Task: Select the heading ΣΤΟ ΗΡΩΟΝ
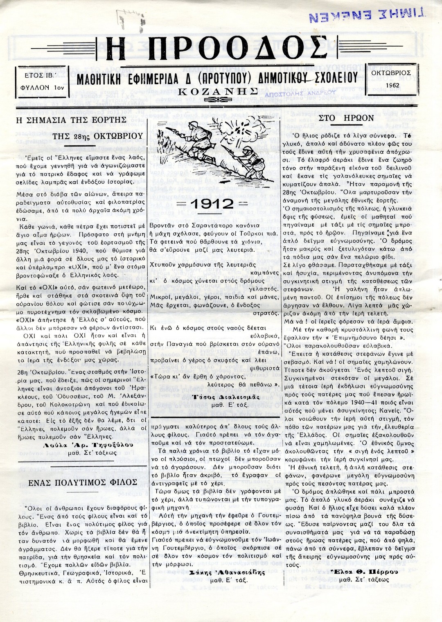pos(346,118)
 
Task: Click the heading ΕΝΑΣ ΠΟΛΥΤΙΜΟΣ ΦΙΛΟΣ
pos(83,482)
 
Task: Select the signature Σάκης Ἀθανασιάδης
pos(216,572)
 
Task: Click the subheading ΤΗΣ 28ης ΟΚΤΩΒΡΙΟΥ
pos(98,136)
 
